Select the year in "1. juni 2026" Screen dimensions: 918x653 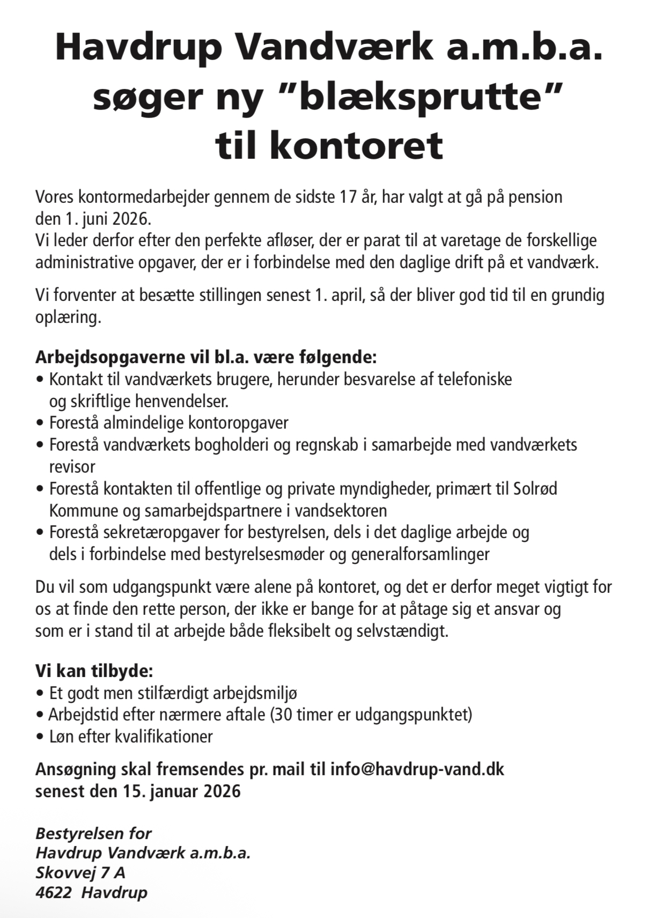point(133,219)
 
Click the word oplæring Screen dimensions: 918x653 point(68,317)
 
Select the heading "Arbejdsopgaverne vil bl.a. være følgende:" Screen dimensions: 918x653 point(206,357)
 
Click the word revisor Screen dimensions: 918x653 point(72,466)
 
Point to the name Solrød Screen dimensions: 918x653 point(535,489)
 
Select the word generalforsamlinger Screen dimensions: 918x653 point(420,554)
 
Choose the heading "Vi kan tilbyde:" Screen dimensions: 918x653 point(94,671)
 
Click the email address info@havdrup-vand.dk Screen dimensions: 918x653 point(417,769)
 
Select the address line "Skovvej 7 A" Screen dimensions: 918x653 point(80,872)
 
